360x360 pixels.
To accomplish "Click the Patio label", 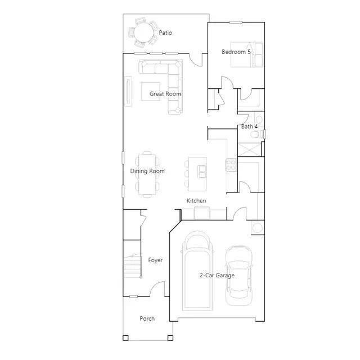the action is [x=165, y=33].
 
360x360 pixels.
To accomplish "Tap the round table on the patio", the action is [x=144, y=33].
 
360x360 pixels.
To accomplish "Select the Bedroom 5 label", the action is [x=236, y=52].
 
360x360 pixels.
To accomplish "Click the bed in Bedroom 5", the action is [x=247, y=55].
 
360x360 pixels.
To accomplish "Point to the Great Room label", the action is [x=165, y=94].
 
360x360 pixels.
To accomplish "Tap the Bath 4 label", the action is [x=249, y=127].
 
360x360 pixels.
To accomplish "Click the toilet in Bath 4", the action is [x=257, y=134].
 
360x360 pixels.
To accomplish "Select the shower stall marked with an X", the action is [x=249, y=149].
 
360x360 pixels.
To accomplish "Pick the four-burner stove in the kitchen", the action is [x=231, y=165].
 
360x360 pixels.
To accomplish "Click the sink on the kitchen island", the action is [x=202, y=172].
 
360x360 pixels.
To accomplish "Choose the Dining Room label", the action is [x=147, y=171].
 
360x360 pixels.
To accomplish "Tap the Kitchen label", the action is [x=196, y=201].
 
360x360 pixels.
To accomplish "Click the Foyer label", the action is [x=155, y=260].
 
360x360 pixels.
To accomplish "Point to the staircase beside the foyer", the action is [x=133, y=266].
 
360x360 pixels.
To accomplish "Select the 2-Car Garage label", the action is [x=217, y=275].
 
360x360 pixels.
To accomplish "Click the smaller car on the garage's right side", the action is [x=238, y=276].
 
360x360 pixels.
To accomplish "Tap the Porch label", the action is [x=147, y=318].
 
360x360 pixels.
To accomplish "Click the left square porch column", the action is [x=125, y=338].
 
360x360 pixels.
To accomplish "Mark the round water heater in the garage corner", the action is [x=258, y=228].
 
